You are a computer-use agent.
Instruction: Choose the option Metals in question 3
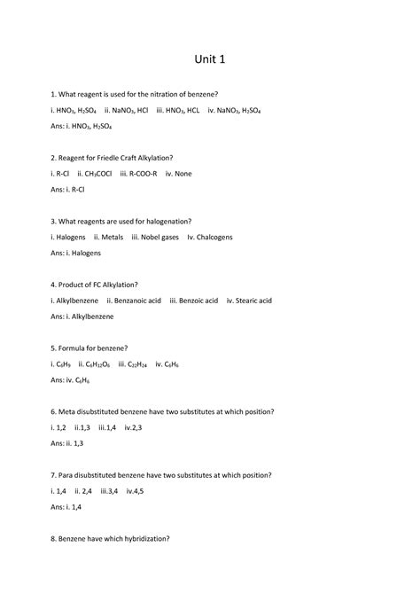click(107, 238)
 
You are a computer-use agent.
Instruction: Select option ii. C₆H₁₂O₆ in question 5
click(98, 364)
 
